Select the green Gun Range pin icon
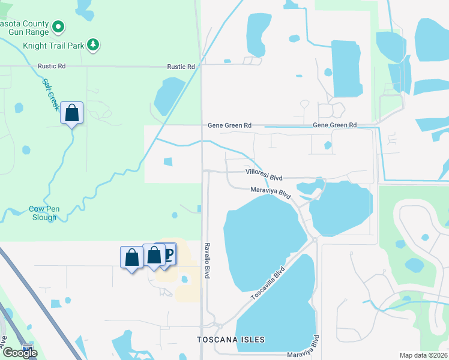[x=58, y=26]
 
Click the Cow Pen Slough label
[x=43, y=213]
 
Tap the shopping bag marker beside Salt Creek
[x=71, y=113]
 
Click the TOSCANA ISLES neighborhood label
[x=231, y=340]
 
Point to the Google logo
[x=20, y=353]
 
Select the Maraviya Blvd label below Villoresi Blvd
[x=271, y=193]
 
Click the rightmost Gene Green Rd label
[x=335, y=125]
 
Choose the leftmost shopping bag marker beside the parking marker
[x=131, y=257]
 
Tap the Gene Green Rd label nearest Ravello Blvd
[x=229, y=125]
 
